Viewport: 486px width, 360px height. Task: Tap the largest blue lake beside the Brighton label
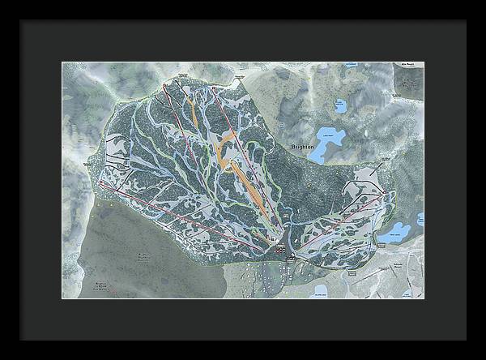coord(330,143)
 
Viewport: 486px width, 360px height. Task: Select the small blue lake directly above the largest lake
coord(339,106)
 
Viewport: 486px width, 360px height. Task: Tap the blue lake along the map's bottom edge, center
coord(320,289)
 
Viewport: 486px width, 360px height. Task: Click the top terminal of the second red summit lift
coord(179,80)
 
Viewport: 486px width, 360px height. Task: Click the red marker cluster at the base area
coord(281,253)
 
